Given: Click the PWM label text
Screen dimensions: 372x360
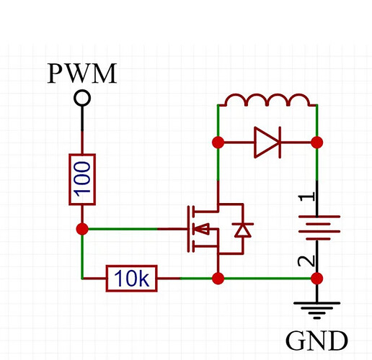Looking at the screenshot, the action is [x=82, y=73].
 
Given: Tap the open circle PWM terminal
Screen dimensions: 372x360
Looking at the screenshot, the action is [x=82, y=98].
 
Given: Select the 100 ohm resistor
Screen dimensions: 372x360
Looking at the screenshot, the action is [x=82, y=179].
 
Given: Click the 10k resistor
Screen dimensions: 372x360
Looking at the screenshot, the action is [x=132, y=279].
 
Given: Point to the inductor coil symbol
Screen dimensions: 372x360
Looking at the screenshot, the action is [x=267, y=100].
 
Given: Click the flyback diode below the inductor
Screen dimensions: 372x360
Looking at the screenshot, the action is [x=267, y=143].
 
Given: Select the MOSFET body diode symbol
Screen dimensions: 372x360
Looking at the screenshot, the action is [x=243, y=230].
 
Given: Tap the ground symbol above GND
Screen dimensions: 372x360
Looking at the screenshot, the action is [x=317, y=310].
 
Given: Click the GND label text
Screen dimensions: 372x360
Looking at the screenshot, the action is [x=316, y=341].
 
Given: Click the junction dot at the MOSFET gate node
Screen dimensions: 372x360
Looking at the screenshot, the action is [x=82, y=229].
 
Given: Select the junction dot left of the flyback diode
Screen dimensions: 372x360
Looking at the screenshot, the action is [x=218, y=143].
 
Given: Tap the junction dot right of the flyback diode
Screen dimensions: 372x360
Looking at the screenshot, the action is [x=317, y=143].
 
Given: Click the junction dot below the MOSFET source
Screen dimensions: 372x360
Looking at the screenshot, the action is [x=218, y=279].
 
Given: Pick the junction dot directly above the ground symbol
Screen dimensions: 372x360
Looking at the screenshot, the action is [x=317, y=279].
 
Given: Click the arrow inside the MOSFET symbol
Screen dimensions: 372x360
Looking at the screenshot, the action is [x=201, y=229].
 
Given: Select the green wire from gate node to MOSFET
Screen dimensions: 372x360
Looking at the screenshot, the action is [x=123, y=229].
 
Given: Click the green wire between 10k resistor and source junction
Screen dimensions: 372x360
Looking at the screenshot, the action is [x=197, y=279].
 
